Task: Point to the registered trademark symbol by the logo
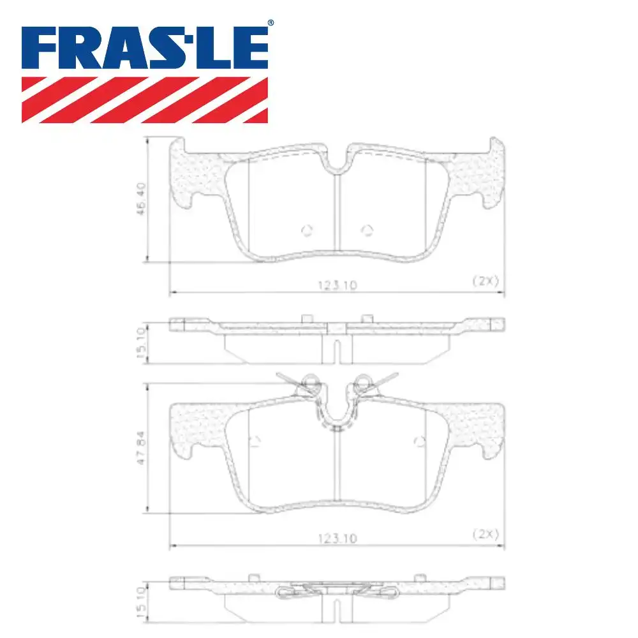point(270,23)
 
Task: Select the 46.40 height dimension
point(142,199)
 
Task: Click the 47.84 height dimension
point(142,448)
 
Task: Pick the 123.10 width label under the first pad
point(336,287)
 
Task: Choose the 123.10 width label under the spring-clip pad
point(336,539)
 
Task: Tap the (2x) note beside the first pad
point(485,280)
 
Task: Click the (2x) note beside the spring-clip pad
point(485,533)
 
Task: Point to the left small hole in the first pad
point(306,230)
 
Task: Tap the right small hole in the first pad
point(366,230)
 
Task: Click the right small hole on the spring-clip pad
point(419,440)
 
